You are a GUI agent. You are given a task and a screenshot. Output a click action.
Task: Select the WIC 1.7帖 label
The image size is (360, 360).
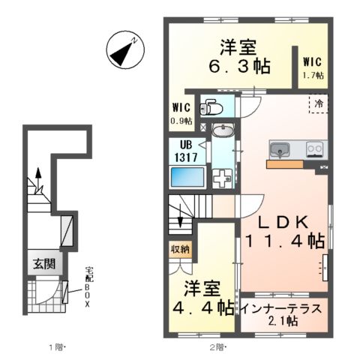[x=313, y=67]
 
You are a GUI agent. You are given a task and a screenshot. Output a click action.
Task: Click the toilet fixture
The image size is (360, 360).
[x=211, y=106]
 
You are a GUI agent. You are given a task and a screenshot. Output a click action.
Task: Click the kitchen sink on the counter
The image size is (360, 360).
[x=280, y=149]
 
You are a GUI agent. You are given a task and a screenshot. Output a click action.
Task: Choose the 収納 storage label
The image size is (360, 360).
[x=179, y=249]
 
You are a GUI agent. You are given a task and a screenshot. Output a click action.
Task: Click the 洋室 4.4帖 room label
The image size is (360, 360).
[x=199, y=297]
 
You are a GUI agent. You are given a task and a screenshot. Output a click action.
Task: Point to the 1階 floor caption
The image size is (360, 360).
[x=56, y=346]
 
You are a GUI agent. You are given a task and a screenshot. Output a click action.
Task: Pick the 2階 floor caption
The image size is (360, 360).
[x=217, y=346]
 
